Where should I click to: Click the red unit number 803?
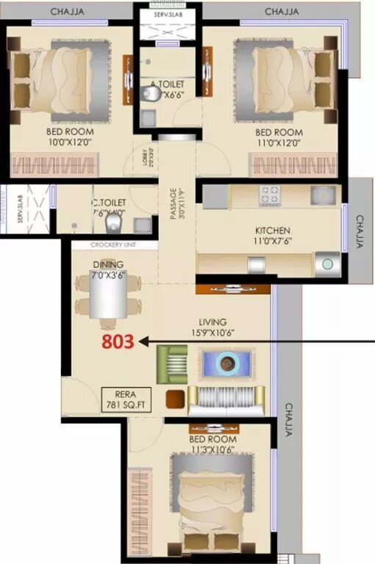[x=117, y=341]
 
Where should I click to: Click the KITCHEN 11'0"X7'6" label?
[x=272, y=234]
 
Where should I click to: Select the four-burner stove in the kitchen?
[x=269, y=195]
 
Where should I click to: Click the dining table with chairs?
[x=107, y=302]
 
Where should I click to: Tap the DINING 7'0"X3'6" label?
[x=107, y=269]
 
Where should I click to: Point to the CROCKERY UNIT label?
[x=113, y=245]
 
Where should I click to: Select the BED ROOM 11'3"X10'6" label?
[x=213, y=443]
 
